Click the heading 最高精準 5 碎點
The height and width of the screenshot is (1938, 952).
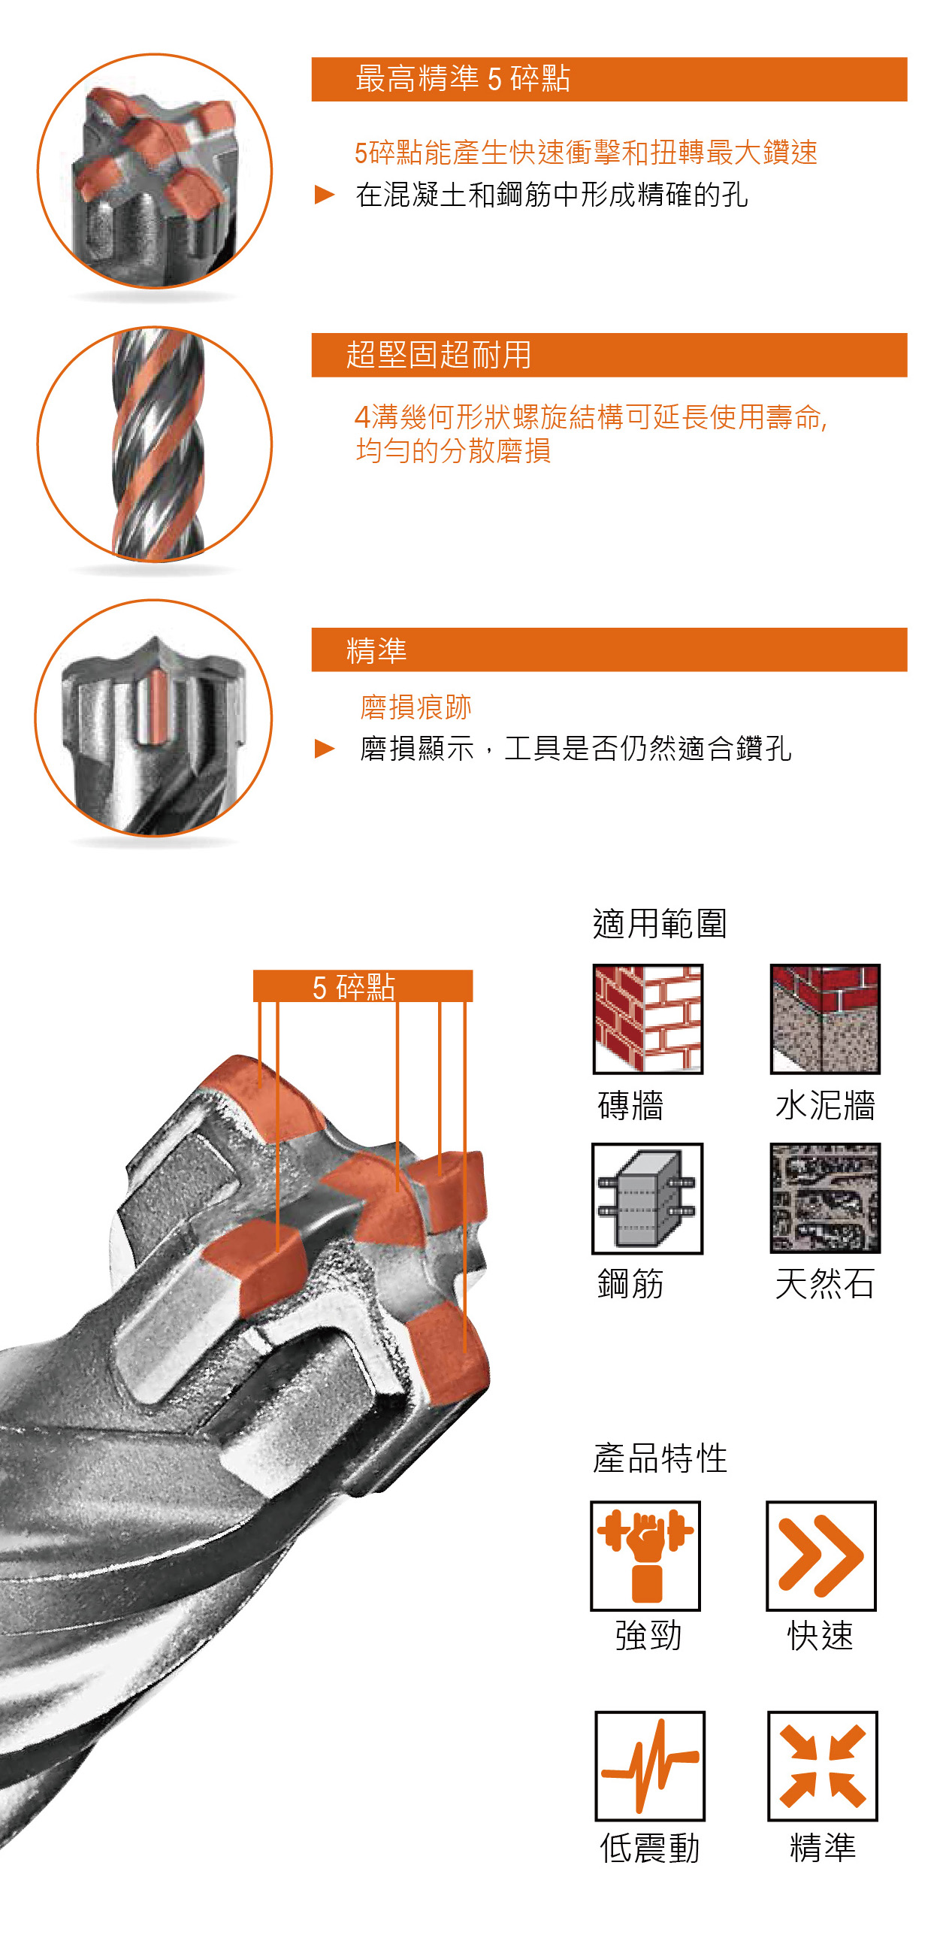coord(462,79)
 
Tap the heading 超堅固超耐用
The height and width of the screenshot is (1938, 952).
coord(438,355)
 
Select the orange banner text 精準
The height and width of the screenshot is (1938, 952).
coord(376,650)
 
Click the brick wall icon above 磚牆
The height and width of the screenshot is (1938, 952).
coord(648,1019)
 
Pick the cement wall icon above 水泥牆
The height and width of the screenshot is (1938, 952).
coord(825,1019)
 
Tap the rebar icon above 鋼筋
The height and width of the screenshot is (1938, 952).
coord(648,1198)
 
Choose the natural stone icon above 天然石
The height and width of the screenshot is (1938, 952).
coord(825,1198)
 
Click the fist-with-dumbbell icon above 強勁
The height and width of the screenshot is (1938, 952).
coord(645,1556)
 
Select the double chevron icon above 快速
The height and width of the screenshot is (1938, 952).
coord(821,1556)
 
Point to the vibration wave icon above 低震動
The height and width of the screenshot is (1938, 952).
coord(650,1766)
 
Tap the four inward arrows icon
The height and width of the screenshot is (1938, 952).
coord(823,1766)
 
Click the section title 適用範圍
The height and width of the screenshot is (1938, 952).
coord(660,923)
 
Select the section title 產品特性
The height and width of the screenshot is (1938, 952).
coord(660,1458)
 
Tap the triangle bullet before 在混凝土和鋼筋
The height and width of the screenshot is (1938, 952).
coord(324,195)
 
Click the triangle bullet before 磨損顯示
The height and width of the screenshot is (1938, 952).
coord(324,749)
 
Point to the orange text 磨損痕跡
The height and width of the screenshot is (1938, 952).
coord(416,707)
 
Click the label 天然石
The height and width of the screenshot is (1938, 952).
coord(825,1283)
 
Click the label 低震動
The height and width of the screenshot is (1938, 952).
coord(650,1848)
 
